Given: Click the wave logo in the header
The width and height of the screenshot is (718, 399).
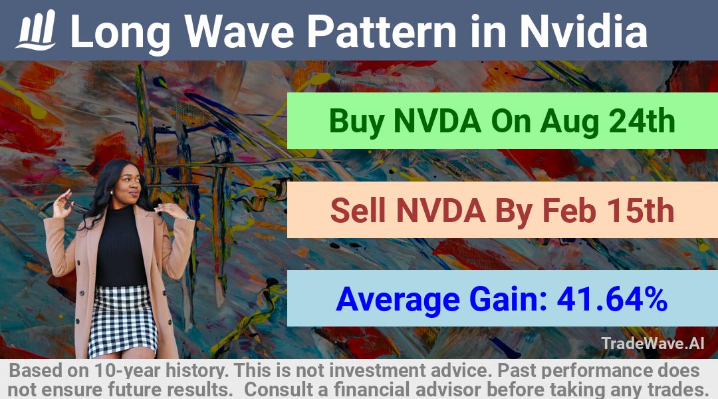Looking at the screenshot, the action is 36,30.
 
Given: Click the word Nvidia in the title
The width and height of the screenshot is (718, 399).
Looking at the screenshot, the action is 584,31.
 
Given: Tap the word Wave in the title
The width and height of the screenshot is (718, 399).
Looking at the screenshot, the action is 239,31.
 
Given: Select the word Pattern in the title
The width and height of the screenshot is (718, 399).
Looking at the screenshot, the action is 382,31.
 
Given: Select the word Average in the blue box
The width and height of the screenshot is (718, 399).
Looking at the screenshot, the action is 398,300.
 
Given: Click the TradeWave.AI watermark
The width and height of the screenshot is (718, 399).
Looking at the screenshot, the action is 653,343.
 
